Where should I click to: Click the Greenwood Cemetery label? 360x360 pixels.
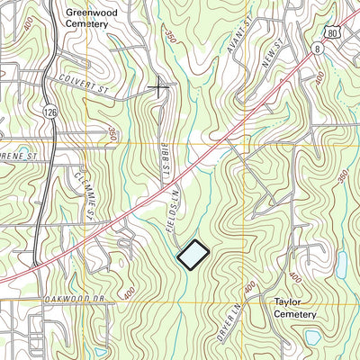tap(87, 19)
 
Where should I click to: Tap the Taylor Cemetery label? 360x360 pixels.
tap(295, 309)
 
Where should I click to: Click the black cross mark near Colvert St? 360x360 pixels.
tap(158, 87)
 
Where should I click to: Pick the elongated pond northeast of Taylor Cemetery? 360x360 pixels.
tap(343, 263)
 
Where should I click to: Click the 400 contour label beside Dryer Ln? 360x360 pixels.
tap(248, 287)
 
